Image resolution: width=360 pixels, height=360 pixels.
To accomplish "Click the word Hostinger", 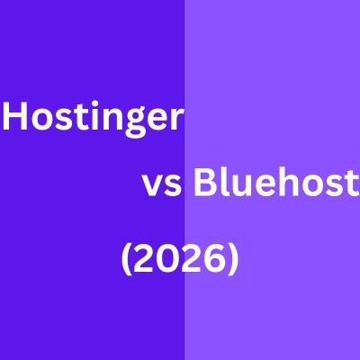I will [93, 119].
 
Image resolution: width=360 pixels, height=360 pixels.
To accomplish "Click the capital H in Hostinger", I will [18, 118].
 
